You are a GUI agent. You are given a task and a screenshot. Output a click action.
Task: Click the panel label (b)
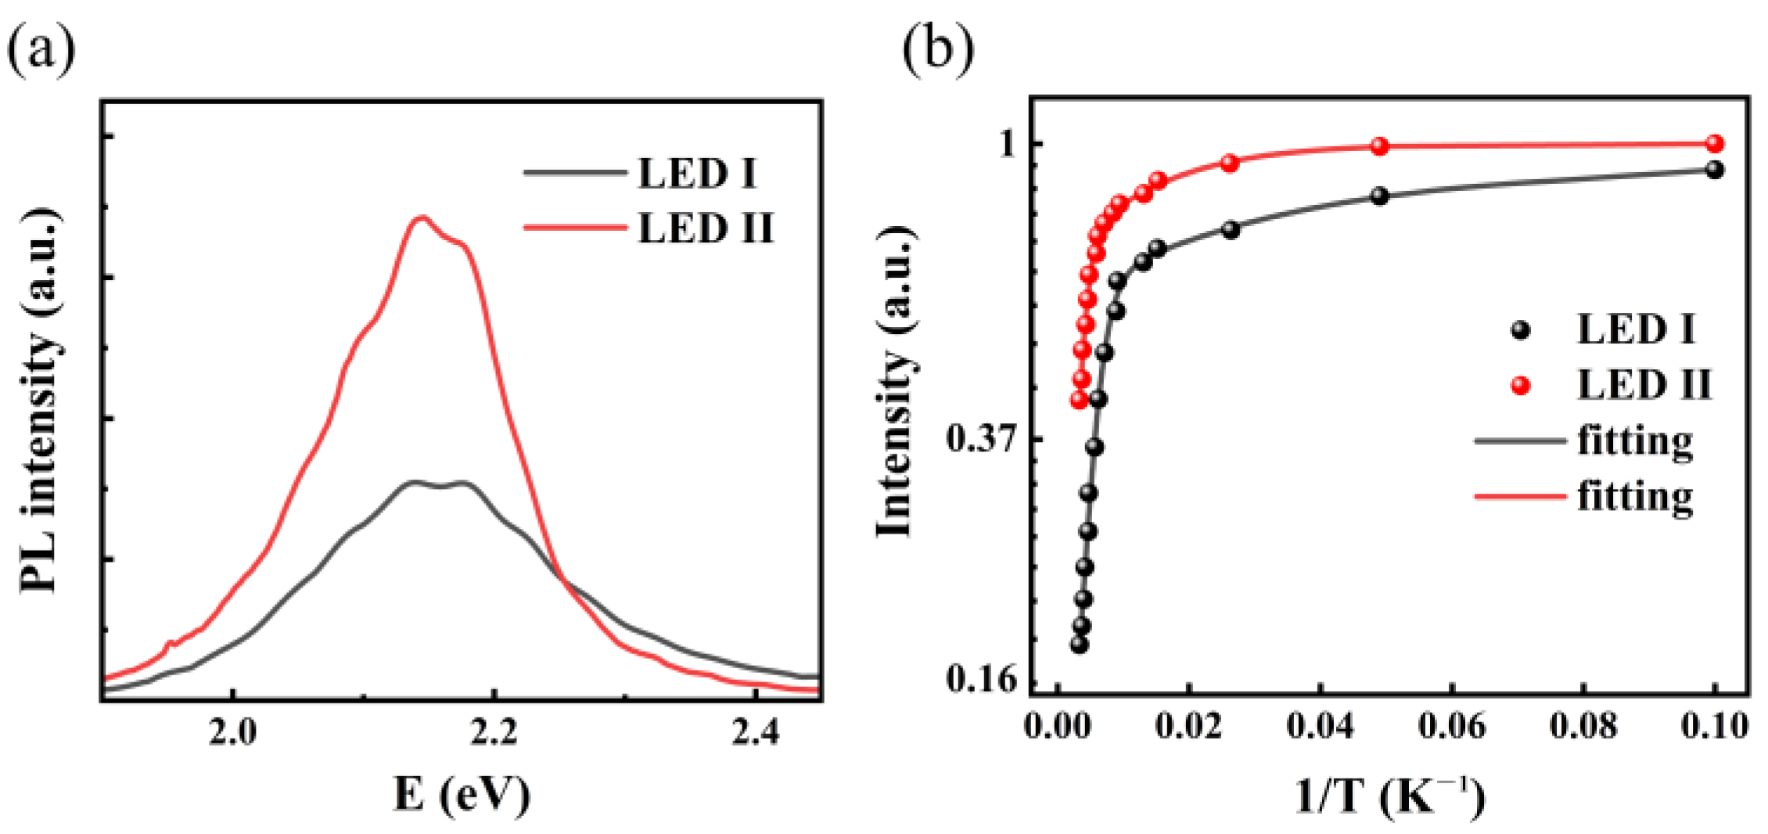[938, 49]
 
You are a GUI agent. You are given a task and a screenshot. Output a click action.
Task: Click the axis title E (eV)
[462, 794]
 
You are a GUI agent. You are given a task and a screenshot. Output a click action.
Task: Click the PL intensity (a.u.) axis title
[39, 399]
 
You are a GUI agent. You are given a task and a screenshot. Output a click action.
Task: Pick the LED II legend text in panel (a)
[705, 228]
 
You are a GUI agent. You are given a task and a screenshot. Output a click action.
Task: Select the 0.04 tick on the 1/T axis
[1321, 726]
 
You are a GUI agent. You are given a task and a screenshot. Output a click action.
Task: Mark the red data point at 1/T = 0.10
[1715, 143]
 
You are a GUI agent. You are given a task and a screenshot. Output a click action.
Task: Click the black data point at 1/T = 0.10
[1715, 169]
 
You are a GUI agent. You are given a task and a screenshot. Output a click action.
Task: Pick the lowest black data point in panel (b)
[1080, 645]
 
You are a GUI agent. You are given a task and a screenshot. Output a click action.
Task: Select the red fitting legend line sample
[1519, 496]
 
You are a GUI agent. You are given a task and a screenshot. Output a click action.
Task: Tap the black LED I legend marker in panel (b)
[1520, 329]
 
